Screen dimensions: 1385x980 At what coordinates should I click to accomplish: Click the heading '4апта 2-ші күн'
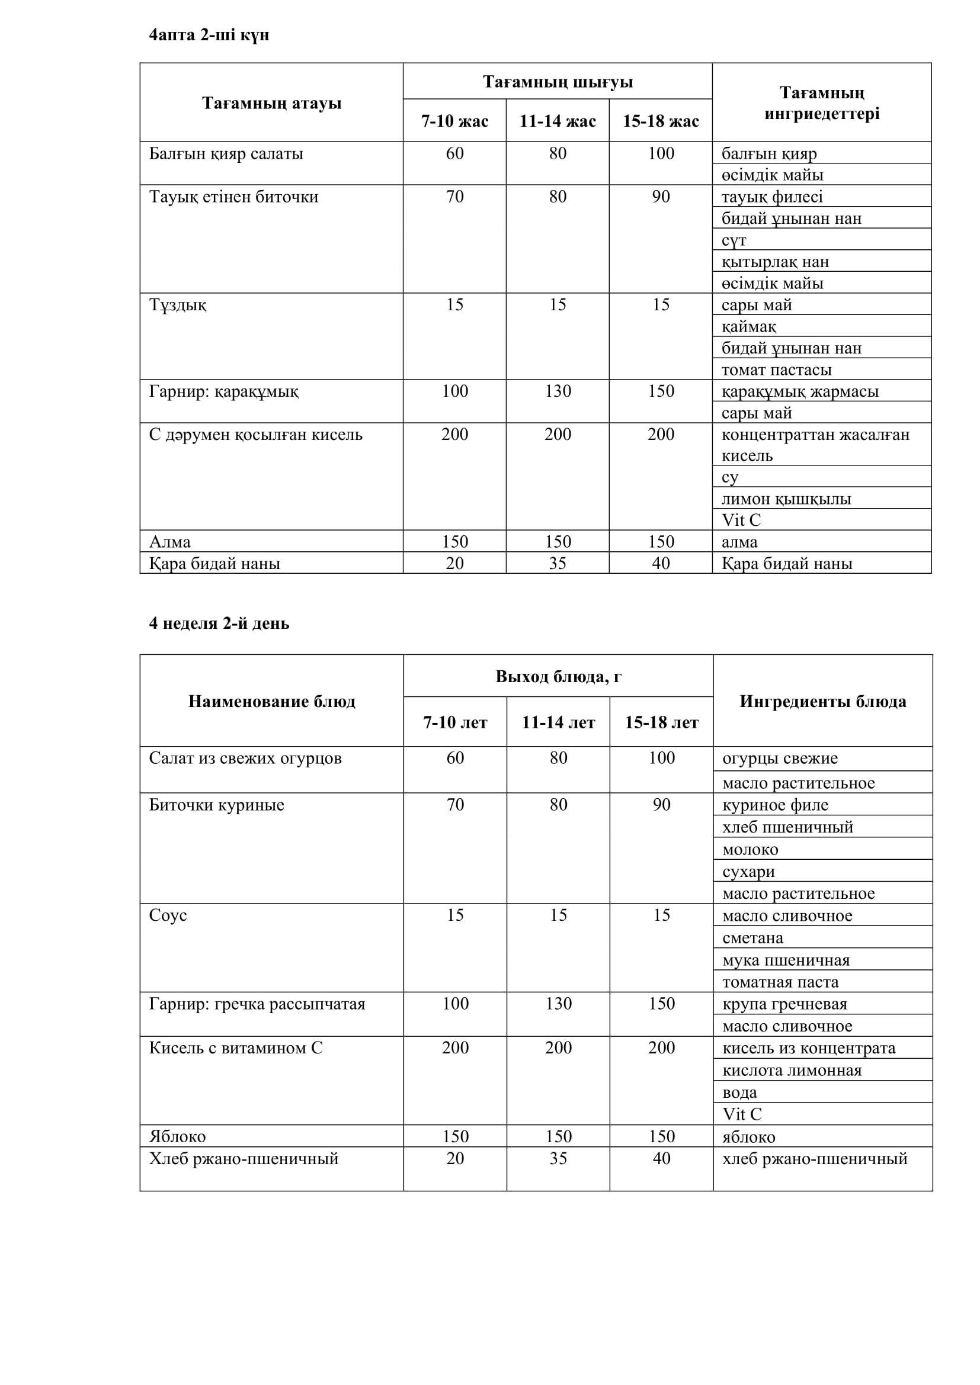[209, 35]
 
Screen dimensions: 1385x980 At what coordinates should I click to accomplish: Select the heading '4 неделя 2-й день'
[219, 623]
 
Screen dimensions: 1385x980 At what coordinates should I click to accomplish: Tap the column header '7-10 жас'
[454, 121]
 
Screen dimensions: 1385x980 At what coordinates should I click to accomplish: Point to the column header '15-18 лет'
[661, 722]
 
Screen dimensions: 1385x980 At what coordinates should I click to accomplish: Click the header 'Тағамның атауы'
[271, 103]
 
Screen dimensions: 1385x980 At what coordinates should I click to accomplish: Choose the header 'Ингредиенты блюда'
[822, 701]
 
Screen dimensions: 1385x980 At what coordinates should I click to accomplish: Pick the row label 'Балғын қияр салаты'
[226, 154]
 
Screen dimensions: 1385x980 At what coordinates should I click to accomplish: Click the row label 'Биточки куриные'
[216, 805]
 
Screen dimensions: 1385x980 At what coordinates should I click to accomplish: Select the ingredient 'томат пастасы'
[776, 369]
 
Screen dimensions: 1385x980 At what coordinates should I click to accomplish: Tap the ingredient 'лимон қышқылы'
[786, 499]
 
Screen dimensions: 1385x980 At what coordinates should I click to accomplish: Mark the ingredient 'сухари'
[748, 872]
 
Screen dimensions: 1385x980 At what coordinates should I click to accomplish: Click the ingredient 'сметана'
[752, 938]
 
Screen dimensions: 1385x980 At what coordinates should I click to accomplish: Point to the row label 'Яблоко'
[177, 1136]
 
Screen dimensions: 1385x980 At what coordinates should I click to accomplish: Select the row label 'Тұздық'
[177, 305]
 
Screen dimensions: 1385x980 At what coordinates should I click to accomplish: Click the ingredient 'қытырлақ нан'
[775, 262]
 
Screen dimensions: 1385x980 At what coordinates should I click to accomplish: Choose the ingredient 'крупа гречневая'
[784, 1004]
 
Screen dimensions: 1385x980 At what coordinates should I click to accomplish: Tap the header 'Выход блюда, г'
[558, 676]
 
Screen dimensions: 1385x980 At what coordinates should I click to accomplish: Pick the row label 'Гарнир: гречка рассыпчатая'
[257, 1004]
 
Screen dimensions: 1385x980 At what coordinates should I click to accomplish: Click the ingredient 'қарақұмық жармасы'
[799, 391]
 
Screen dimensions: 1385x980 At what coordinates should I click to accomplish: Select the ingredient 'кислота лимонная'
[792, 1071]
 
